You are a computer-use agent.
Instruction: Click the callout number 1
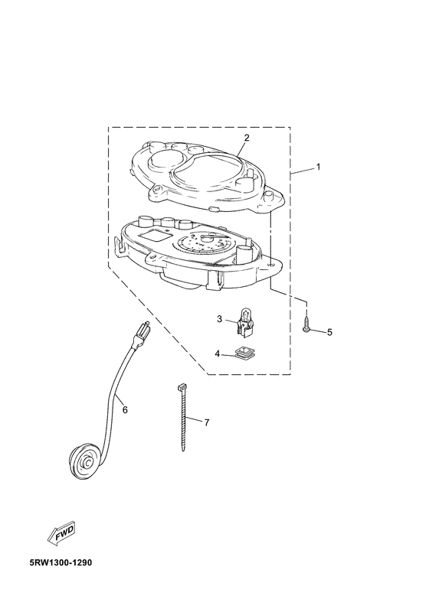click(x=318, y=167)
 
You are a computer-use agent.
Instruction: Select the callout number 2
click(x=247, y=137)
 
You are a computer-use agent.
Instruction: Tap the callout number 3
click(x=219, y=319)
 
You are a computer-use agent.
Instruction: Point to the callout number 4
click(x=218, y=353)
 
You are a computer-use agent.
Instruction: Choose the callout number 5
click(x=329, y=332)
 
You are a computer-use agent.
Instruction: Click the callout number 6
click(x=125, y=409)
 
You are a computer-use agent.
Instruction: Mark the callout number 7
click(x=207, y=422)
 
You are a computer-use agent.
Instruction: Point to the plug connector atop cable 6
click(x=141, y=334)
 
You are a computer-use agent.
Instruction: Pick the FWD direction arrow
click(x=62, y=534)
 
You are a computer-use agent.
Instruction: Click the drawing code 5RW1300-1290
click(x=61, y=562)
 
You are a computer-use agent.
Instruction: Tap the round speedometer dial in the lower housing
click(x=201, y=245)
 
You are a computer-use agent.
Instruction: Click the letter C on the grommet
click(x=88, y=462)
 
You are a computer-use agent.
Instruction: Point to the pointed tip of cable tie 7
click(x=183, y=450)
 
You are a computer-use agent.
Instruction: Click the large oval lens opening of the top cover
click(x=210, y=170)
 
